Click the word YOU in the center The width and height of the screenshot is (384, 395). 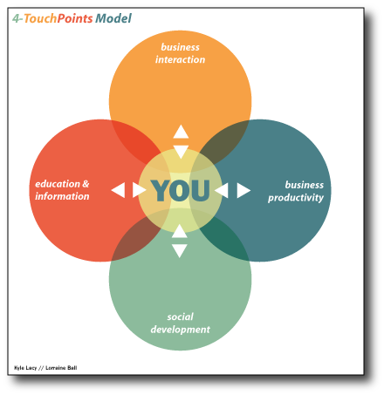pyautogui.click(x=181, y=190)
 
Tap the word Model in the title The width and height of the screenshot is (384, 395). pyautogui.click(x=113, y=18)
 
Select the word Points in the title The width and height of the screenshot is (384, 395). pyautogui.click(x=75, y=18)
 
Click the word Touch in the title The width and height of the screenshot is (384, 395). pyautogui.click(x=40, y=18)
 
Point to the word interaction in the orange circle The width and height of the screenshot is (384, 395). pyautogui.click(x=180, y=59)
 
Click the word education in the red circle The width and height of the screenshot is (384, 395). pyautogui.click(x=58, y=184)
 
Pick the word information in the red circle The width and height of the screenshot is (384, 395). pyautogui.click(x=62, y=196)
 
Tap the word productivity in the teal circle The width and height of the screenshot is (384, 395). pyautogui.click(x=296, y=198)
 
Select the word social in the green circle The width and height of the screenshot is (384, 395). pyautogui.click(x=180, y=317)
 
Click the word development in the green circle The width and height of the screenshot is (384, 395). pyautogui.click(x=181, y=330)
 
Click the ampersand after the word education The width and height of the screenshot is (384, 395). pyautogui.click(x=86, y=184)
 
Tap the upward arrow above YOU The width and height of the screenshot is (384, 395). pyautogui.click(x=181, y=132)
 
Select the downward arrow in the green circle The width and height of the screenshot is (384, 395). pyautogui.click(x=180, y=251)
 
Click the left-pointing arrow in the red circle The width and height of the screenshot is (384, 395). pyautogui.click(x=118, y=190)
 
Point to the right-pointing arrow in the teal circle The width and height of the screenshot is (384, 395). pyautogui.click(x=243, y=190)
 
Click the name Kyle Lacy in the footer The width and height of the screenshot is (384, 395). pyautogui.click(x=25, y=368)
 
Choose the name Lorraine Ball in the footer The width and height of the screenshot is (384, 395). pyautogui.click(x=61, y=368)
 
